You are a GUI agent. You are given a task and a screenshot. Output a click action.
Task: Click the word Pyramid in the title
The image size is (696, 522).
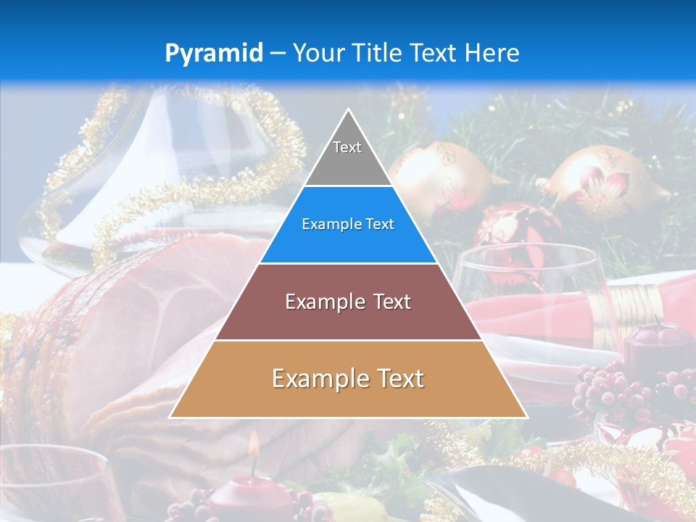pos(213,54)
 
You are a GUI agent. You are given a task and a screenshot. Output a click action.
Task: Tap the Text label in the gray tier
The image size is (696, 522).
pos(347,147)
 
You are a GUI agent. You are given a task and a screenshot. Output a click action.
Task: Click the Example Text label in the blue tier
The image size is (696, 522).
pos(348,224)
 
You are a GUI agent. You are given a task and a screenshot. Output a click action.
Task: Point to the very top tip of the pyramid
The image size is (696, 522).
pos(349,111)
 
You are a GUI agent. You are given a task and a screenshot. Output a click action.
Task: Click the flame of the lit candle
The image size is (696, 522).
pos(254,445)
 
